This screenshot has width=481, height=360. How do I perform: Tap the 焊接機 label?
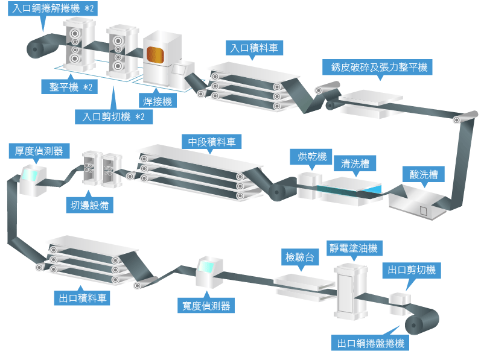[158, 101]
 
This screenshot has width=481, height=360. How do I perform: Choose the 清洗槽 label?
[355, 163]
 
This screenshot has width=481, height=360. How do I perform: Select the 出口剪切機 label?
[413, 270]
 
